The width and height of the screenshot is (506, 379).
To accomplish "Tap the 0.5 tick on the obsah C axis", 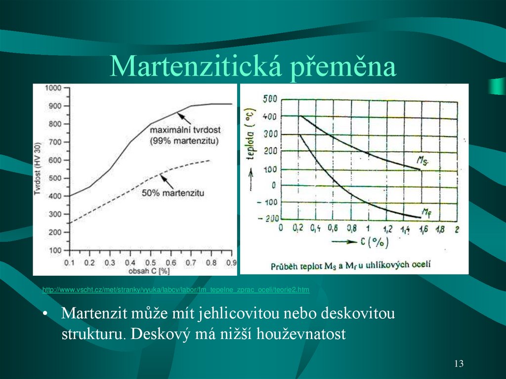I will tap(151, 262).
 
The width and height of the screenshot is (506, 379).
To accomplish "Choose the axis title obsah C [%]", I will tap(151, 271).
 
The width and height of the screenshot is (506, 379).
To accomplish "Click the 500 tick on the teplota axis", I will tap(270, 99).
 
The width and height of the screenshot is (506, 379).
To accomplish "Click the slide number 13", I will tap(459, 364).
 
